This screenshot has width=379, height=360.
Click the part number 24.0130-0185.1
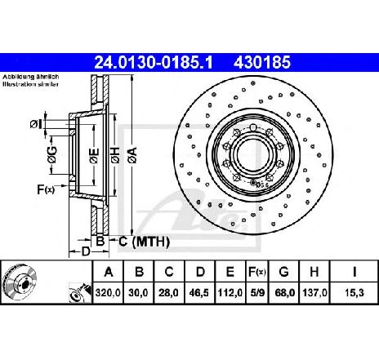coord(154,62)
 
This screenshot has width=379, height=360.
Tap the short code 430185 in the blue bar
coord(262,62)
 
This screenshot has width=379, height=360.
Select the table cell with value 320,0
coord(108,293)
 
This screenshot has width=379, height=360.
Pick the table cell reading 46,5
coord(200,293)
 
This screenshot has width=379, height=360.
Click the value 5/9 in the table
coord(256,293)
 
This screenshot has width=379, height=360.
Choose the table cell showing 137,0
coord(314,293)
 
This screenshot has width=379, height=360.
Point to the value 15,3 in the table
coord(354,293)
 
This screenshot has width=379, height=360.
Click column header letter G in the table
coord(283,272)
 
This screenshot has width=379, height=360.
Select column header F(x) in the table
coord(256,272)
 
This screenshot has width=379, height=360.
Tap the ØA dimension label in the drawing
coord(133,155)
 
